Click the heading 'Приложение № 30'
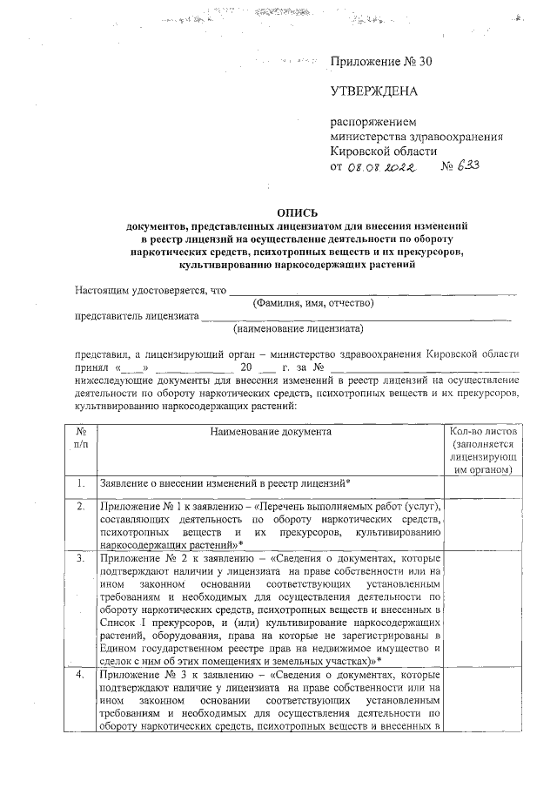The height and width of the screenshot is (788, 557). point(380,62)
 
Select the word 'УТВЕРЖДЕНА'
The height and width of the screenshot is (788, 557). point(374,91)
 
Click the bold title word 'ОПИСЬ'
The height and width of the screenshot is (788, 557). point(297,212)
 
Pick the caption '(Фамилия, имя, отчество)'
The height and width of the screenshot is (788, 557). point(312,304)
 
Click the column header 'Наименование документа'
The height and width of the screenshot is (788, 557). point(271,431)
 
